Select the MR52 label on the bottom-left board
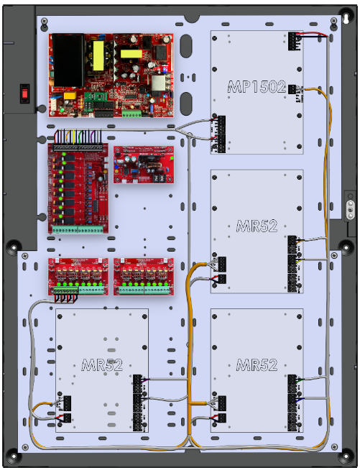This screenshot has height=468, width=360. [x=101, y=364]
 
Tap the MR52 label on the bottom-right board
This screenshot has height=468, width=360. [x=257, y=365]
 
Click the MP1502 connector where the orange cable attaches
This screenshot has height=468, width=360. [x=294, y=88]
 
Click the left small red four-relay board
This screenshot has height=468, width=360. [x=78, y=275]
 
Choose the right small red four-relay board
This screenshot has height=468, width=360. [x=144, y=275]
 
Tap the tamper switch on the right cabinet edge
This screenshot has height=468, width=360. [x=350, y=209]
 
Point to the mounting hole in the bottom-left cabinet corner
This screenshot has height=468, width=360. [x=13, y=455]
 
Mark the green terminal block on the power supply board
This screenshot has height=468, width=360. [x=131, y=112]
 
